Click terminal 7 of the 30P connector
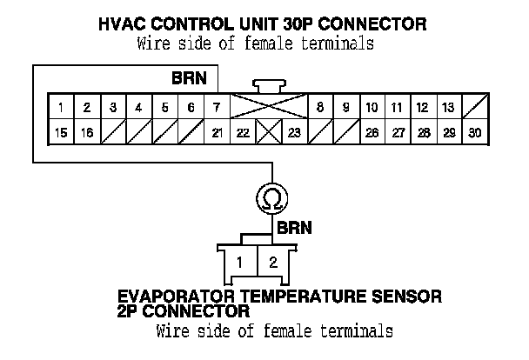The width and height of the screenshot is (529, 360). (216, 108)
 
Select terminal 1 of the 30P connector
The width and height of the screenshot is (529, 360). (61, 108)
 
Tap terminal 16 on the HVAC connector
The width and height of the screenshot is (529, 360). (87, 132)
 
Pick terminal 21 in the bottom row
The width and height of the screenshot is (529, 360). (217, 132)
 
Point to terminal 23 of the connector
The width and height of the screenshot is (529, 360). (294, 132)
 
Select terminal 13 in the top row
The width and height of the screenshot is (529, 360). (447, 108)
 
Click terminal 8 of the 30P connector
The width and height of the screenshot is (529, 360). (320, 108)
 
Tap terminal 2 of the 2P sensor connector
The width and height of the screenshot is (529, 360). (272, 262)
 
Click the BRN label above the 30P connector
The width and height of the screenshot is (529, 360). (189, 77)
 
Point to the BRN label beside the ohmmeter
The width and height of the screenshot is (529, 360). (294, 229)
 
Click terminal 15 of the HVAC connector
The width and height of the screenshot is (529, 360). (61, 132)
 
